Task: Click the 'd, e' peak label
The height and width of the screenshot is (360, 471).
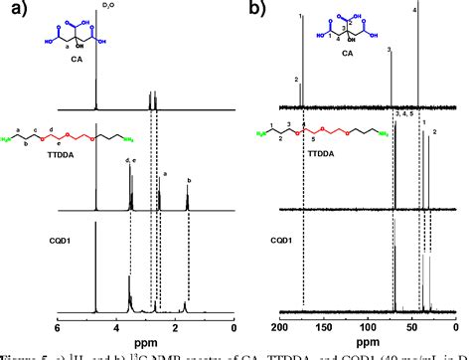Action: tap(129, 160)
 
